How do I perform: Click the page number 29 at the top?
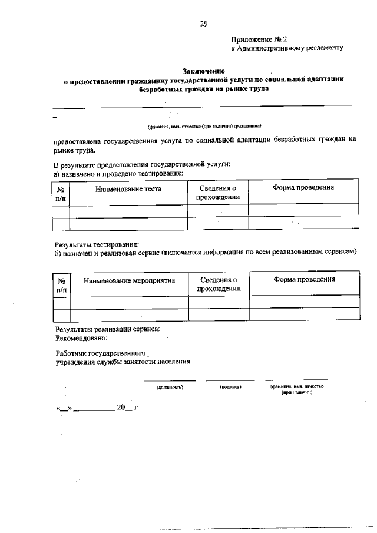[x=203, y=24]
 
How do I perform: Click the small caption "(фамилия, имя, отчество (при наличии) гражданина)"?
[x=204, y=125]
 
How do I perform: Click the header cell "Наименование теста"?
[x=128, y=189]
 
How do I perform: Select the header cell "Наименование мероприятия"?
[x=130, y=280]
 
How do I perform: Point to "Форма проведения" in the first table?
[x=303, y=187]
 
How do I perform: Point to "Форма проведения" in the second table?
[x=304, y=279]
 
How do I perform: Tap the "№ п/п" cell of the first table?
[x=61, y=194]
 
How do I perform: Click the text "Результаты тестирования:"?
[x=96, y=244]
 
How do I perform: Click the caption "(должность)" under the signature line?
[x=170, y=388]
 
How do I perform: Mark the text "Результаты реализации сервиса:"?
[x=107, y=330]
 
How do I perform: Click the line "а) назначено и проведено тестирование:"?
[x=118, y=173]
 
